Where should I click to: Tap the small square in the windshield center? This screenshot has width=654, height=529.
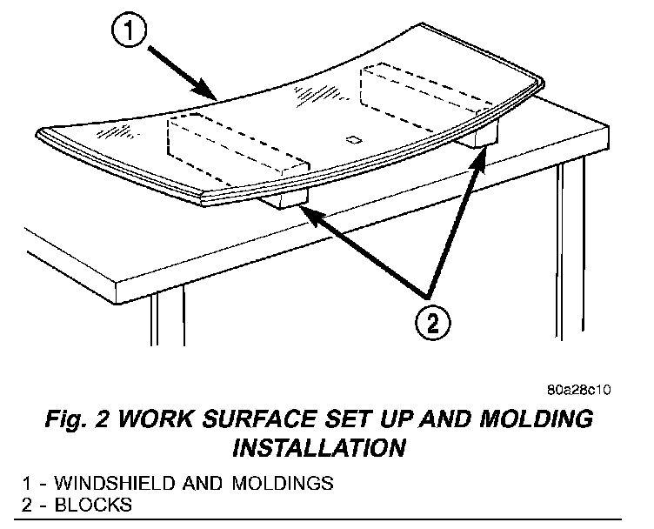coord(353,137)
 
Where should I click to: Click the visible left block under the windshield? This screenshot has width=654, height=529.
coord(284,202)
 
